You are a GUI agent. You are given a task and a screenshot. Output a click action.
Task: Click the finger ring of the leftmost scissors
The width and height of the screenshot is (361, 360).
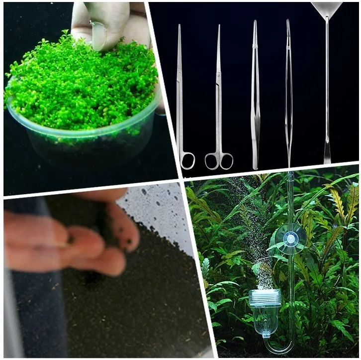tap(188, 160)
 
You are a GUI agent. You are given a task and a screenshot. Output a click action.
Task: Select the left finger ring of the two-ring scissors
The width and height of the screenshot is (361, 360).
tap(212, 160)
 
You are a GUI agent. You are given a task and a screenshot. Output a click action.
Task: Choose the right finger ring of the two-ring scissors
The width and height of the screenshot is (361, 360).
tap(226, 160)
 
